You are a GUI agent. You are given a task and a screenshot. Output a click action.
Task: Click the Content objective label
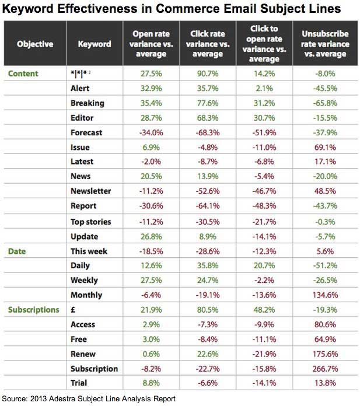coord(23,73)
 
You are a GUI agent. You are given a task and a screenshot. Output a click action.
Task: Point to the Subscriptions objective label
coord(34,310)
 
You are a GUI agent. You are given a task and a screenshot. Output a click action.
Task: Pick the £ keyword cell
coord(72,310)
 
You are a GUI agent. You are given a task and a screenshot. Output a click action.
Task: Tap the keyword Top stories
coord(90,222)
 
